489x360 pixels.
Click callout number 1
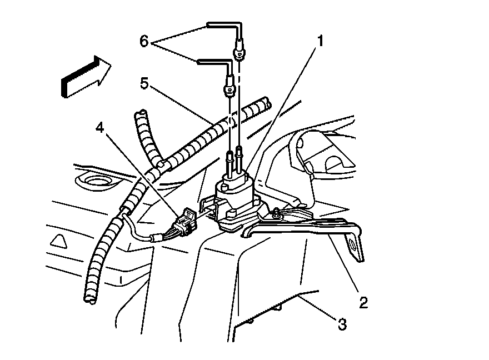(321, 41)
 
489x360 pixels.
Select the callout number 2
(362, 303)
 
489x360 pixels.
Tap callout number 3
(342, 324)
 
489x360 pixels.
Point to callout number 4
(100, 128)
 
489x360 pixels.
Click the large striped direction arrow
(86, 76)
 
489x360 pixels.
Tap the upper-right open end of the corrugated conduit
(267, 102)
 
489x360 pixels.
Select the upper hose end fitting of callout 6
(238, 51)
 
